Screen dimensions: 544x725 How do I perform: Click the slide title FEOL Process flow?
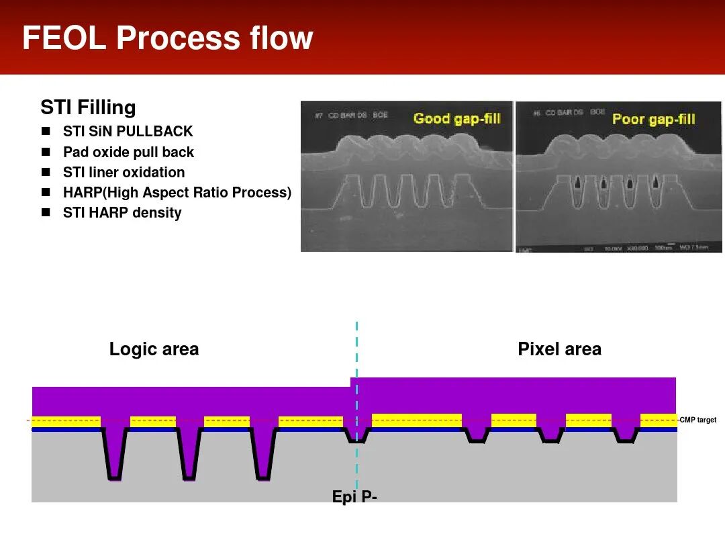168,38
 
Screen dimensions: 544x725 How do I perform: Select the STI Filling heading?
88,107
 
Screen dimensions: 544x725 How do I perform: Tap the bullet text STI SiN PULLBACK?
128,132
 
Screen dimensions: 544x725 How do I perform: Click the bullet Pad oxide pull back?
128,152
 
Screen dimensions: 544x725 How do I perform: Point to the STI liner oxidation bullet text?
124,172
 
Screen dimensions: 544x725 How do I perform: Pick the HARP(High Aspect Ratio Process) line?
177,193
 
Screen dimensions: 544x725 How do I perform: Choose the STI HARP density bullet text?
122,213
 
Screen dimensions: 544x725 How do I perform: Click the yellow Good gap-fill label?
456,119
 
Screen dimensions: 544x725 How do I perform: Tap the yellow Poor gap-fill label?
653,120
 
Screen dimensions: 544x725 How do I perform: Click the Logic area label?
154,349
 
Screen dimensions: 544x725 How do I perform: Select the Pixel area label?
559,349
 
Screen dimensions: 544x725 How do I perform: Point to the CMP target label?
697,420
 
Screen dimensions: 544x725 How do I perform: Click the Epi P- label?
354,497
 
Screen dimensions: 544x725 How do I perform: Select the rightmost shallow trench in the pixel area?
626,437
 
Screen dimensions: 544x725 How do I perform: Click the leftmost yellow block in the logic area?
66,422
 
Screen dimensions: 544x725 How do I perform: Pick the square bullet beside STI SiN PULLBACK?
46,132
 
